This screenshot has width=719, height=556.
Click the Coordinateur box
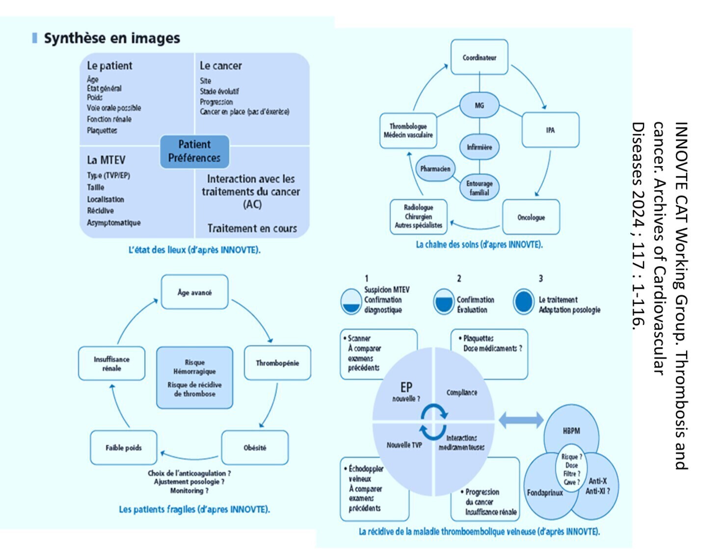tap(479, 57)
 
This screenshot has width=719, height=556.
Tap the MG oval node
tap(479, 105)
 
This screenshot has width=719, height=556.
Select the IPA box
tap(550, 130)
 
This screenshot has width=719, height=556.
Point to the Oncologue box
tap(531, 217)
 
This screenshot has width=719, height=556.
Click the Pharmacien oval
tap(435, 169)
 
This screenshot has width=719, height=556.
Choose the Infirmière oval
tap(479, 147)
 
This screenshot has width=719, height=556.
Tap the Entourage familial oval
tap(479, 187)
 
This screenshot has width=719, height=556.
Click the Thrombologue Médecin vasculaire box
tap(408, 130)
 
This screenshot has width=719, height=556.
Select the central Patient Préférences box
tap(194, 152)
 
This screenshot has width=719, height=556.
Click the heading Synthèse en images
tap(112, 38)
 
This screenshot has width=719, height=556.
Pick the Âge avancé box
tap(194, 292)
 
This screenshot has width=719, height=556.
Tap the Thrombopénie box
tap(277, 363)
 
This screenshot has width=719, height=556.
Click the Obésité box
tap(255, 447)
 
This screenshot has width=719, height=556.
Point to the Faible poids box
tap(123, 447)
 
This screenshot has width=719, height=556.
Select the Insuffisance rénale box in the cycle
tap(111, 363)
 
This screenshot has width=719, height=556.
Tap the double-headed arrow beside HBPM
tap(521, 420)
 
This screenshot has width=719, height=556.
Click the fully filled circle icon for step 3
tap(524, 302)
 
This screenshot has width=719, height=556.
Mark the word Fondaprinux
tap(545, 493)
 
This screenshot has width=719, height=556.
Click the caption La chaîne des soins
tap(479, 245)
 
